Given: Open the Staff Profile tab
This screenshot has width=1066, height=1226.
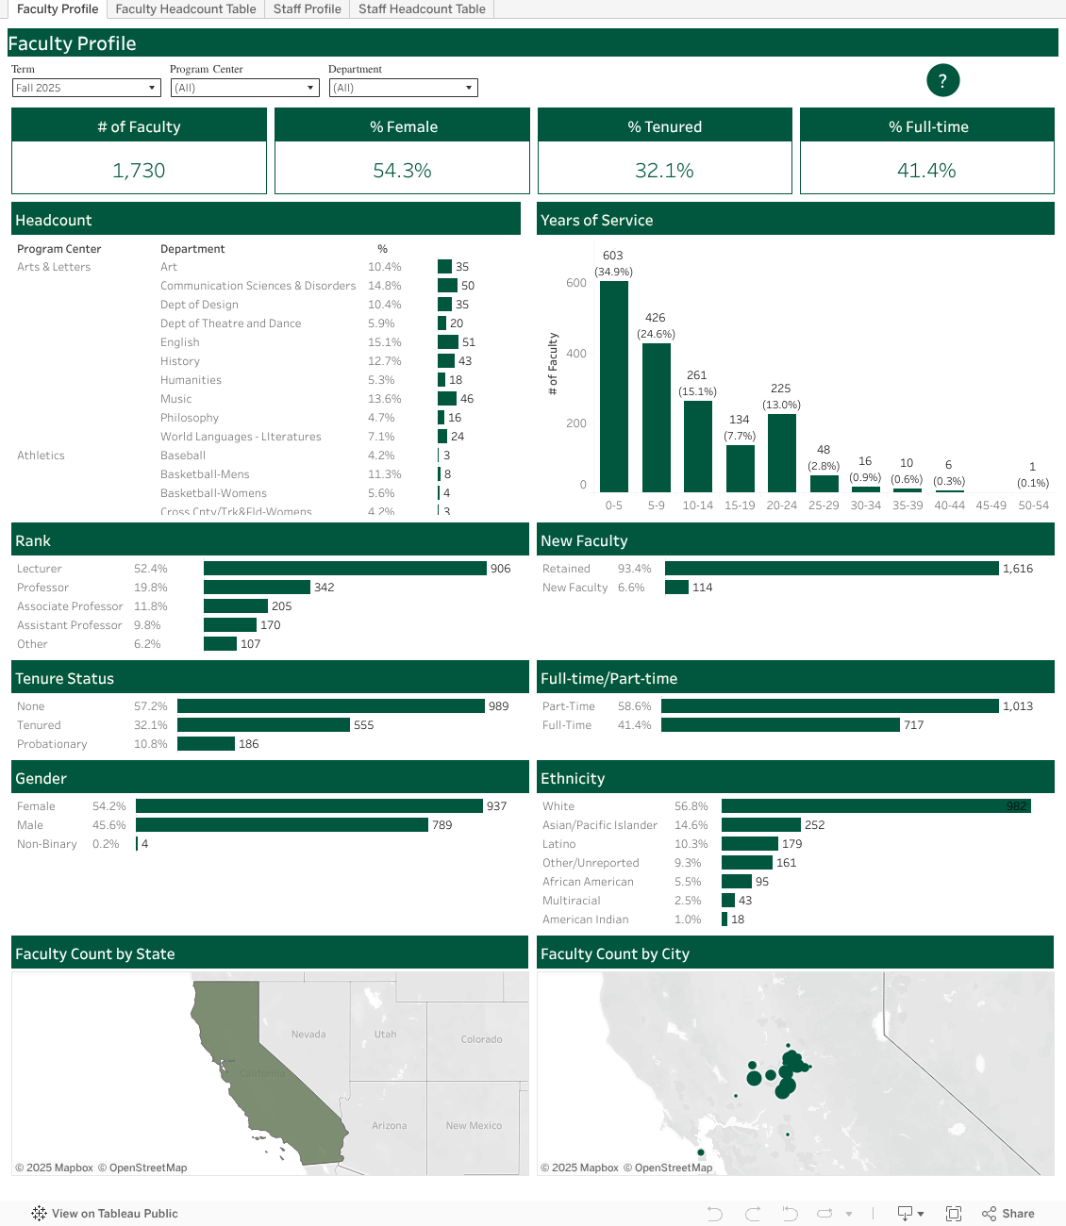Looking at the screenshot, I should (x=307, y=9).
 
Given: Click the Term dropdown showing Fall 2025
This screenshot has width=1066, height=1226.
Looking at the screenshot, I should (x=86, y=88).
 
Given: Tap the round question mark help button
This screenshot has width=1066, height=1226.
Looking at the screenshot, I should (x=942, y=81).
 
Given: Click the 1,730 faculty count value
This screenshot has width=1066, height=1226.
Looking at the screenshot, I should (x=139, y=171).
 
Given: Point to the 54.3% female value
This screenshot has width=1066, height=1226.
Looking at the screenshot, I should (x=402, y=171).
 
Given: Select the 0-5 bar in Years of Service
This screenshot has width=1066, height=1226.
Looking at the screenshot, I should (x=614, y=387).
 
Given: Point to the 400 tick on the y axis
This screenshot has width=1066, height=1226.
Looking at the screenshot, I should (x=576, y=354).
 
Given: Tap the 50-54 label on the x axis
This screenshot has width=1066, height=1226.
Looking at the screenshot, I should (x=1033, y=505).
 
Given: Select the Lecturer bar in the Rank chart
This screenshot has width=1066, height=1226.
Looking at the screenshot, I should (x=344, y=569).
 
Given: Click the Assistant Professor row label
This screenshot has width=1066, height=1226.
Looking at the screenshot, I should (x=70, y=625).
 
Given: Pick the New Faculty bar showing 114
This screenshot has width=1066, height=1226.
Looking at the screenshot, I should (x=676, y=588).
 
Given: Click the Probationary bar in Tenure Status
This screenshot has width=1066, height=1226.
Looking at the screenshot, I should (x=206, y=744).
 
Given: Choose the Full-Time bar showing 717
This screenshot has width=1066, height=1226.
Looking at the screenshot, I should (x=780, y=725).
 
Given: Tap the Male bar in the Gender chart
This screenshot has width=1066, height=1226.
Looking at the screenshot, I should (x=281, y=825).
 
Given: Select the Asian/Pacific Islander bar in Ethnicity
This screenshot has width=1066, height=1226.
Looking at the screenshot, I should (x=760, y=825).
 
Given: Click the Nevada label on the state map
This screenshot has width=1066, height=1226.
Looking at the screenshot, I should (x=308, y=1035).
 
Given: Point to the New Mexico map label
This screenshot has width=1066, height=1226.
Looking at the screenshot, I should (x=474, y=1126).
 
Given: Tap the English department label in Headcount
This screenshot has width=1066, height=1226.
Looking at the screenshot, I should (x=180, y=342).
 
